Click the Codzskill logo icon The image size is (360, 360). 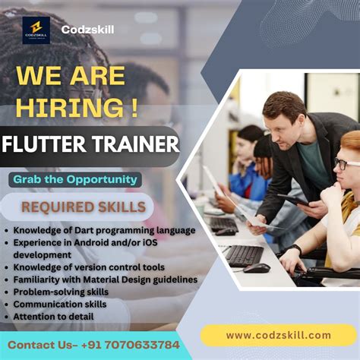(x=36, y=30)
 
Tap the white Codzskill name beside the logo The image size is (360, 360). (x=87, y=30)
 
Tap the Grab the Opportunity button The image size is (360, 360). (x=74, y=180)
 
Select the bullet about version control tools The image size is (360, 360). (x=87, y=267)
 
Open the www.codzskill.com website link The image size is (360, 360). (x=278, y=335)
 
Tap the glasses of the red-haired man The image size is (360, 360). (x=347, y=163)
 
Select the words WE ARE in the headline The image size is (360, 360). (x=71, y=77)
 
